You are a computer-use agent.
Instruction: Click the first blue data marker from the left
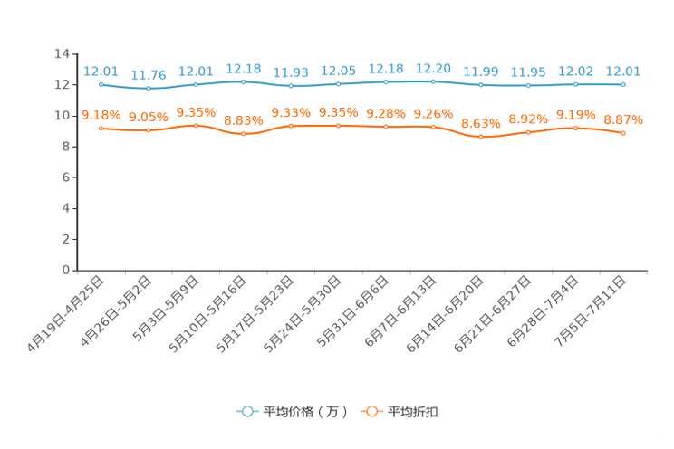coord(101,84)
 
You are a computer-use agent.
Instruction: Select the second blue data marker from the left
coord(149,89)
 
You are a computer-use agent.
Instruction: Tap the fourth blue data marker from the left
coord(244,81)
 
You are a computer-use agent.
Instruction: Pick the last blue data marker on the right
coord(623,84)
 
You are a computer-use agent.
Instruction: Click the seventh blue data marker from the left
coord(386,82)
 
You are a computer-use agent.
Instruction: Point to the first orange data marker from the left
coord(101,129)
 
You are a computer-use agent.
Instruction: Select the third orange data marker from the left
coord(196,126)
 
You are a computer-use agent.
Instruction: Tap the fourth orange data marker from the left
coord(244,134)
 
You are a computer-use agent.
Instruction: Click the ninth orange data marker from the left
coord(480,137)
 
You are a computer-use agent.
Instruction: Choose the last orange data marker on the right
coord(623,134)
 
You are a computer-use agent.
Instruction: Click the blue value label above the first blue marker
coord(101,71)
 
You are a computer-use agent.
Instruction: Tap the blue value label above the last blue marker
coord(623,71)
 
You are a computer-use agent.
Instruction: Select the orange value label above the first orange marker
coord(101,115)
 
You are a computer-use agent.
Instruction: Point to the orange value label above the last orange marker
coord(623,119)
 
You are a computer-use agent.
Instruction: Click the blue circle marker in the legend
coord(246,411)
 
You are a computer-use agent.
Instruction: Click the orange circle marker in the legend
coord(371,411)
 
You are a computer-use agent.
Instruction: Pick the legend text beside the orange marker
coord(414,412)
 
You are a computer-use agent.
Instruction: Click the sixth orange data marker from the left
coord(339,126)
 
